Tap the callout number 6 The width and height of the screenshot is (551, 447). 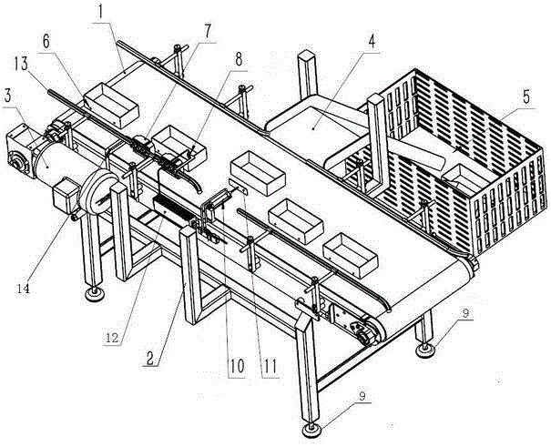click(46, 43)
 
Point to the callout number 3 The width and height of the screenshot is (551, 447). click(9, 94)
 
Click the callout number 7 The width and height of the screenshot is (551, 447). click(207, 32)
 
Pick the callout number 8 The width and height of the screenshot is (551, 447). click(239, 59)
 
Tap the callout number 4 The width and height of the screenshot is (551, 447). click(372, 42)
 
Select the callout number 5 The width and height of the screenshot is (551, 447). click(526, 97)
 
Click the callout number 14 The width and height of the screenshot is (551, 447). click(24, 289)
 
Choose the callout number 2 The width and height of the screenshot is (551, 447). click(150, 358)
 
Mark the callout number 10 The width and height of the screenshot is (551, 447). click(237, 366)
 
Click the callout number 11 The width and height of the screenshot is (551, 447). click(270, 366)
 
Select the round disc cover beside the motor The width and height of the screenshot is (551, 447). click(99, 192)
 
